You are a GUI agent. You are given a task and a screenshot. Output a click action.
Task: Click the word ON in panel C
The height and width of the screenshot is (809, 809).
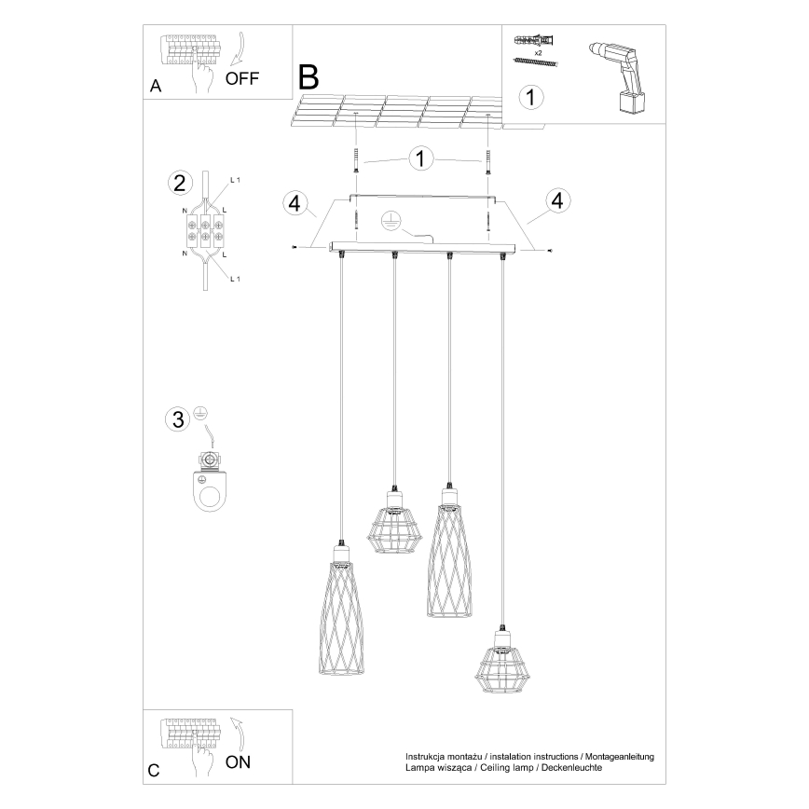239,761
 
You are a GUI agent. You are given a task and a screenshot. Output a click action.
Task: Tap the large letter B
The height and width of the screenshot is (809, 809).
309,75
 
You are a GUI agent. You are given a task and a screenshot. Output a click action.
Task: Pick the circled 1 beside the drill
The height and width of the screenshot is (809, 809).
529,96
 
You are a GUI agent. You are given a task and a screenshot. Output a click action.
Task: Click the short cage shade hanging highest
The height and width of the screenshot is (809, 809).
394,526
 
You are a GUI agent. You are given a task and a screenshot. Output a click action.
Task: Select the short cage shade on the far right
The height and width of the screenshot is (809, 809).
501,664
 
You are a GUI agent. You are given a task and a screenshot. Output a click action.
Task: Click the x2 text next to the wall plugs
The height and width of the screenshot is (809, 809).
540,53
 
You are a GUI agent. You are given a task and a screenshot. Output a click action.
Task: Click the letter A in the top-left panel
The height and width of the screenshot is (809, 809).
156,87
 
